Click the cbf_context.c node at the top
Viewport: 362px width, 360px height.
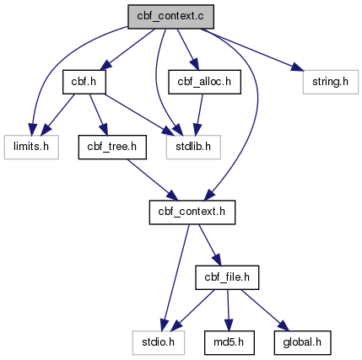[x=170, y=17]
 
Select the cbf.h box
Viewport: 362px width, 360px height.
[x=84, y=82]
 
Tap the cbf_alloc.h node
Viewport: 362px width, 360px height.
[x=204, y=82]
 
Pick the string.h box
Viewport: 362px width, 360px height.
[x=331, y=82]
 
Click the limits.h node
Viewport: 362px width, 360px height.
[x=31, y=147]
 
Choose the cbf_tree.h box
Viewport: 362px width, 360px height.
[x=112, y=147]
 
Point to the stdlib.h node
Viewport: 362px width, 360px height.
[x=193, y=147]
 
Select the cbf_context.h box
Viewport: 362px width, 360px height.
[x=192, y=212]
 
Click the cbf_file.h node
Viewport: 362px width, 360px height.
[x=227, y=277]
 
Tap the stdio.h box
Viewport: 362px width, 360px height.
[x=159, y=342]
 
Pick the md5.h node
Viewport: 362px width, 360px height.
[x=230, y=342]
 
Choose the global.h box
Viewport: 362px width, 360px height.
[x=302, y=342]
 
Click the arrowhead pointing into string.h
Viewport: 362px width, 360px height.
[x=298, y=67]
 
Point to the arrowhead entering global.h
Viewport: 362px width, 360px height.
[x=284, y=326]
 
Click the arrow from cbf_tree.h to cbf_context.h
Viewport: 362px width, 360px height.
[x=153, y=180]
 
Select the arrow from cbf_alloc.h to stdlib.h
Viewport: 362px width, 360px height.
[x=199, y=115]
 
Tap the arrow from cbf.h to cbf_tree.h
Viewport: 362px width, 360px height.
[x=99, y=115]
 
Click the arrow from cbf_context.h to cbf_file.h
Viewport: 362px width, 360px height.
[x=210, y=245]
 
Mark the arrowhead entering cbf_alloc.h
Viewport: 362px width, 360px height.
[x=195, y=64]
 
